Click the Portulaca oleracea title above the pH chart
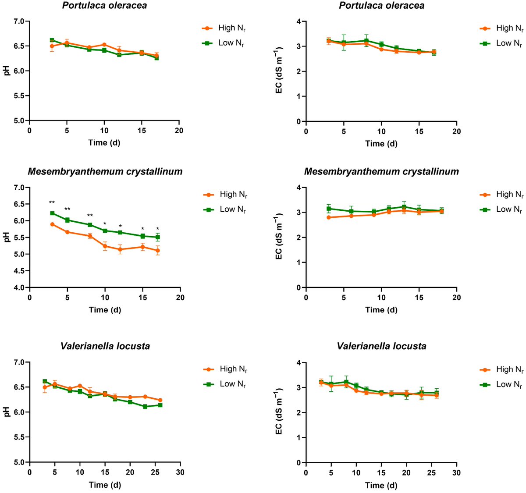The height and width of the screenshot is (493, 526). [104, 6]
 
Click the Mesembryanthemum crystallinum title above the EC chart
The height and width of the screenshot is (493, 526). [381, 172]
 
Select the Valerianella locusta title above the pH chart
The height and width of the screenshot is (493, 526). [105, 346]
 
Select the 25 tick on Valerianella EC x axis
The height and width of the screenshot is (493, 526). [431, 472]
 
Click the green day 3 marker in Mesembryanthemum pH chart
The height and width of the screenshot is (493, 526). [52, 213]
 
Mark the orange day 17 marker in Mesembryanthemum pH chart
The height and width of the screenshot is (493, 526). [158, 251]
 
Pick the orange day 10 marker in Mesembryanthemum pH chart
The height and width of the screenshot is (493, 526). [105, 246]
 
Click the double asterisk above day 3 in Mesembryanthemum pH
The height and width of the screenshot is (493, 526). [52, 202]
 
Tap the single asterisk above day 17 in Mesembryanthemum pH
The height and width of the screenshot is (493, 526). [158, 228]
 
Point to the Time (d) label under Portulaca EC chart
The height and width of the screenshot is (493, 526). [381, 144]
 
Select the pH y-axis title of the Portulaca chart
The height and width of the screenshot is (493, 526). [7, 71]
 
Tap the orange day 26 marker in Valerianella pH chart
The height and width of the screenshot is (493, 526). [160, 400]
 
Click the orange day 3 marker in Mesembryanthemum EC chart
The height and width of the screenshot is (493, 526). [329, 217]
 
